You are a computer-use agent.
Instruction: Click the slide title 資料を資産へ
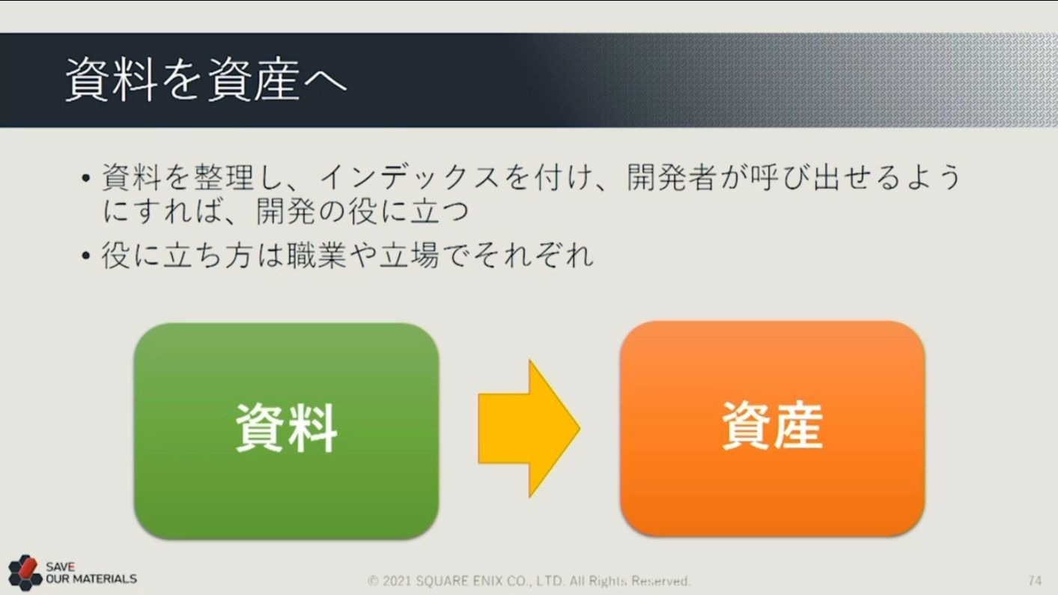(206, 80)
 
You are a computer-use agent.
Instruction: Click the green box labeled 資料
(286, 430)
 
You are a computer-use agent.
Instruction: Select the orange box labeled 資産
(772, 428)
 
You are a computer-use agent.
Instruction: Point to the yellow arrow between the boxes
(529, 428)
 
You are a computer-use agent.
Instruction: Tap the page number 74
(1034, 580)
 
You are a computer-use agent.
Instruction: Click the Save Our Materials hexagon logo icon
(25, 573)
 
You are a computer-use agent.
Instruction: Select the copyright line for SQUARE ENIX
(529, 580)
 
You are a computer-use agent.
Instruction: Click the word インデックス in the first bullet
(409, 177)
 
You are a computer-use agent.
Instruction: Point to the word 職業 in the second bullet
(317, 255)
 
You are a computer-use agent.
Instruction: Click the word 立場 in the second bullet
(409, 255)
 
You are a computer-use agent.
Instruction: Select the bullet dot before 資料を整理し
(85, 178)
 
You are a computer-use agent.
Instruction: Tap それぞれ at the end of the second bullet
(532, 255)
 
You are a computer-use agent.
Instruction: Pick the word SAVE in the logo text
(60, 567)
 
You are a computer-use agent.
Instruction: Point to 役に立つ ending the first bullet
(409, 211)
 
